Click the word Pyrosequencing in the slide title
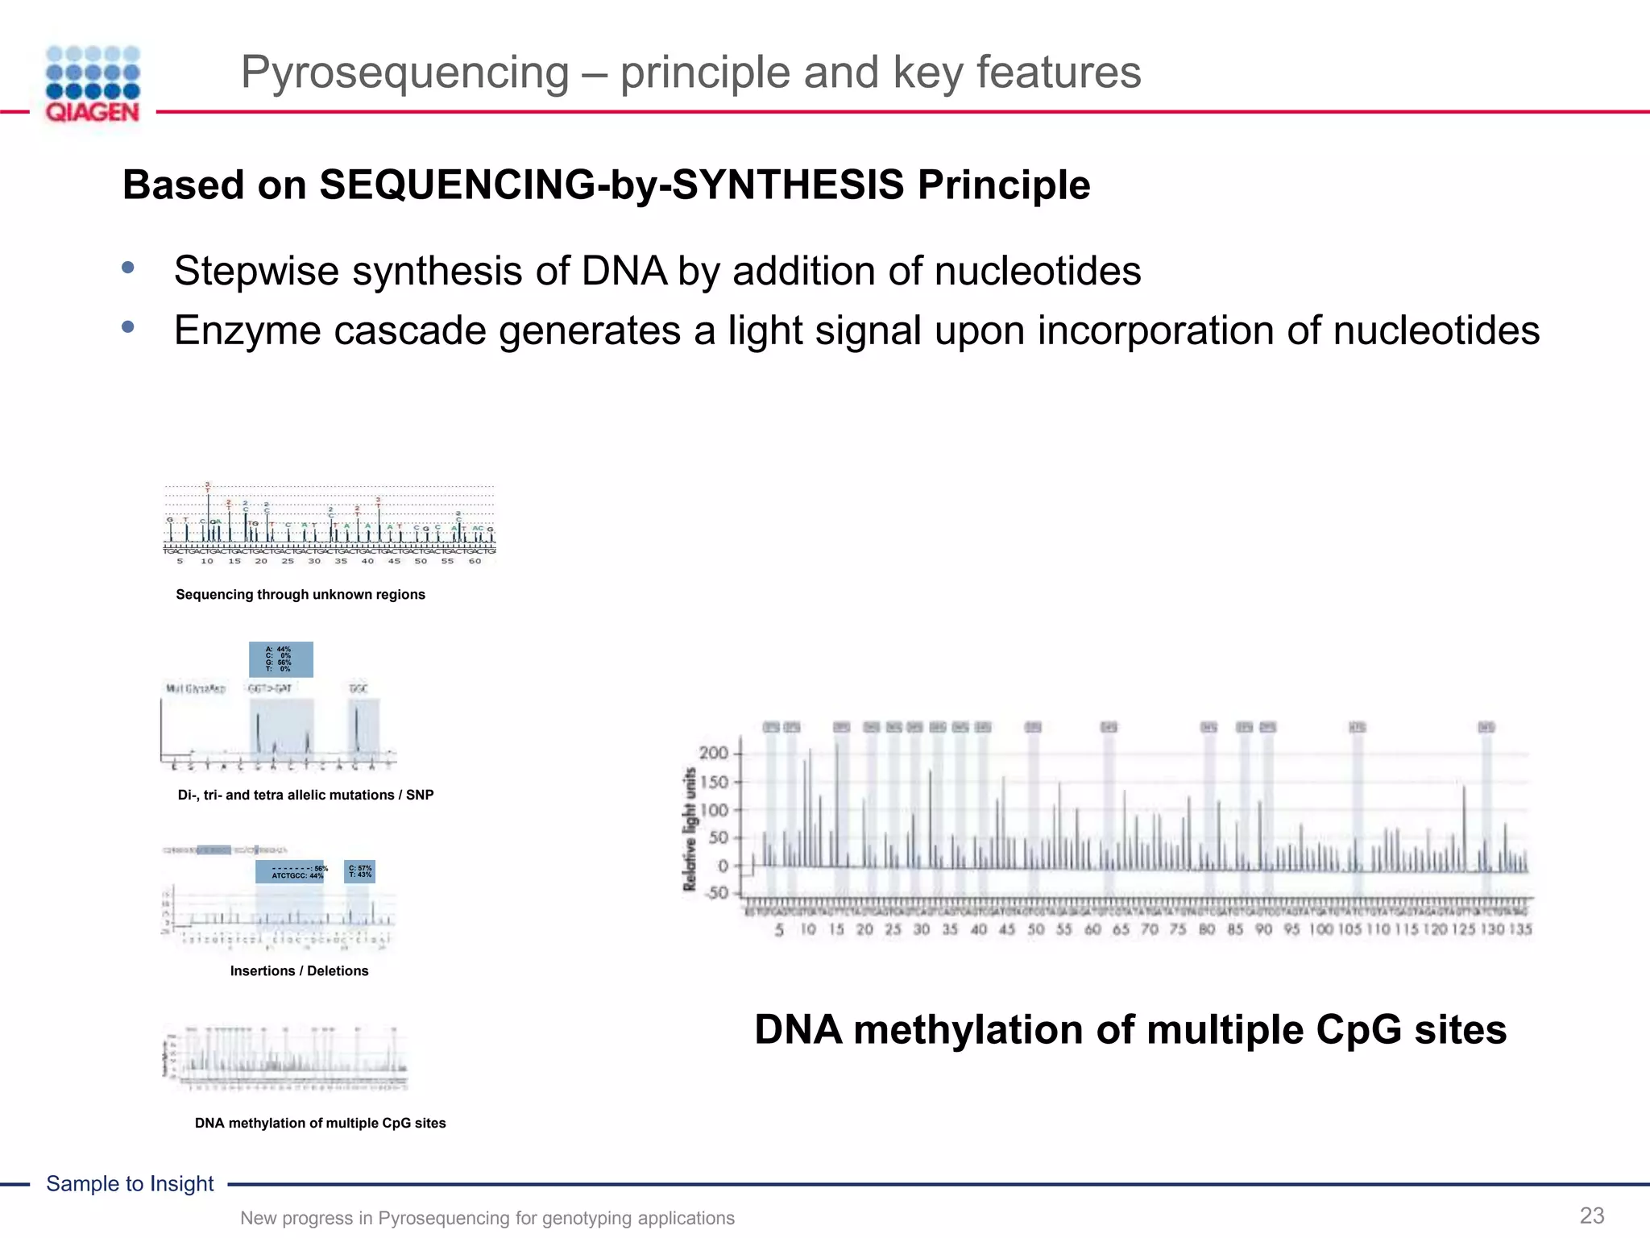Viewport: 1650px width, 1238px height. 404,73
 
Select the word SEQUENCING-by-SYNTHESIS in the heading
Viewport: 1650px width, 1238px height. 611,185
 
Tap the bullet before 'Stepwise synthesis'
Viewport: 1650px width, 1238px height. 128,268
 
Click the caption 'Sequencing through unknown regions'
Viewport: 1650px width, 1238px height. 301,595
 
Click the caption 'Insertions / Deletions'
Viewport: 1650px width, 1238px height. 299,971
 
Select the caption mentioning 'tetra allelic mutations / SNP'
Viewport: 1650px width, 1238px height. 305,796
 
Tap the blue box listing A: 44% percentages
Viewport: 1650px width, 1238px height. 280,659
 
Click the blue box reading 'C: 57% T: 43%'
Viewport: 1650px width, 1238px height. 359,871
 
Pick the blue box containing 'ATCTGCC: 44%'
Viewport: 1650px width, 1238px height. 290,872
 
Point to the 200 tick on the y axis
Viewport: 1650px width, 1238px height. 713,754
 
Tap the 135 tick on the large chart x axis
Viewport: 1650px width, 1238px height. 1519,929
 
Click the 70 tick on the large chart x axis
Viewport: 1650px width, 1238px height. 1150,929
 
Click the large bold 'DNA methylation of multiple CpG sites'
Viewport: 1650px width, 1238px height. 1130,1030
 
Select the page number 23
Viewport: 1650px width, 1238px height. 1591,1215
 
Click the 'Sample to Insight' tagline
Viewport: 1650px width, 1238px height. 130,1183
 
